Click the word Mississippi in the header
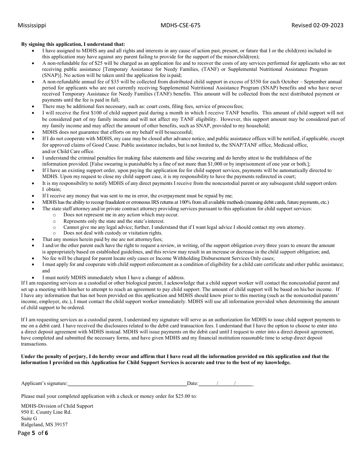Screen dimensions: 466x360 32,25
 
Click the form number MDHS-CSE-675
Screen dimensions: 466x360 180,25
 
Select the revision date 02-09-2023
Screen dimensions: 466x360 328,25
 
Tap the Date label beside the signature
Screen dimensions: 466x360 193,383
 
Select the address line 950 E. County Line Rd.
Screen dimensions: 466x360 46,412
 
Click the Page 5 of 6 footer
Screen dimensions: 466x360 33,433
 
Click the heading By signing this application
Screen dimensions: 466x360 73,44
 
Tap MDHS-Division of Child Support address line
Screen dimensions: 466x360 57,406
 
